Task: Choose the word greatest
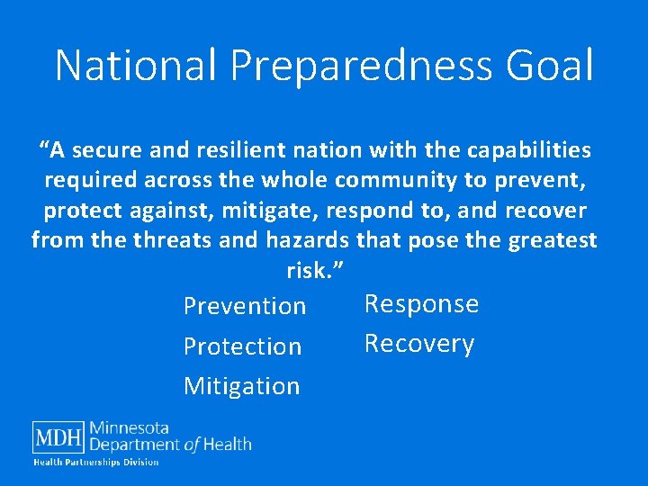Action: click(553, 240)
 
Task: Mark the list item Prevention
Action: click(245, 306)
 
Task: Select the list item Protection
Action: click(242, 346)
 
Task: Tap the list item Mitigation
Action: click(241, 386)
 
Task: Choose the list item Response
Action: click(421, 304)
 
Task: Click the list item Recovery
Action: click(418, 344)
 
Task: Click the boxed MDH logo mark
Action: click(58, 437)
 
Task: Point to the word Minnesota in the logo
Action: click(130, 428)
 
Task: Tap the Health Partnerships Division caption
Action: click(96, 462)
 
